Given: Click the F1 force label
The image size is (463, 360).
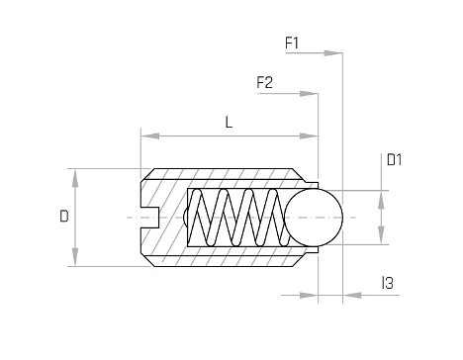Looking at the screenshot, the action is point(292,43).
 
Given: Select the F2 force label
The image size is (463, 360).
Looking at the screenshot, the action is point(264,82).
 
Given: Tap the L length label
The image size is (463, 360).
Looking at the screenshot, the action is point(229,122).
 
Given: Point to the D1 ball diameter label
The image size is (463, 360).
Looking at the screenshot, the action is point(394,160).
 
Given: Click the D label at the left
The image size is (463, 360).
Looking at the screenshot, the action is point(64,217).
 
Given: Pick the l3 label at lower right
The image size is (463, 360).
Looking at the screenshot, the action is point(388,283).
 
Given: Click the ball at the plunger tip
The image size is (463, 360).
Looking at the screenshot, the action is point(314,218).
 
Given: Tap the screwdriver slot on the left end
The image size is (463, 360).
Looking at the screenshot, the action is point(150,218).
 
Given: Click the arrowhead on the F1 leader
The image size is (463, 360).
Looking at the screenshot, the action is point(333,53).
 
